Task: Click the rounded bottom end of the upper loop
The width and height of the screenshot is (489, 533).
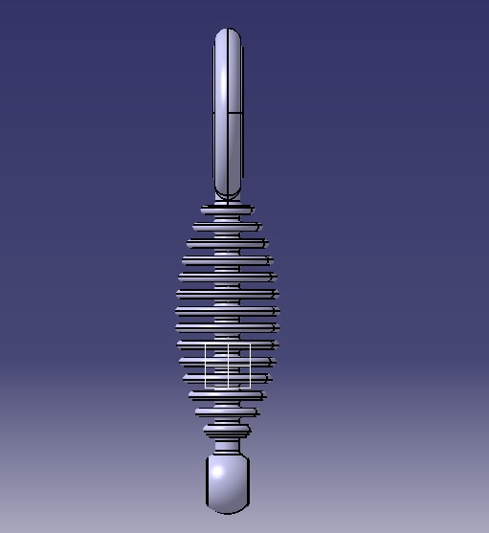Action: coord(228,193)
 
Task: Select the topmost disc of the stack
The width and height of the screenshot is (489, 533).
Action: coord(228,209)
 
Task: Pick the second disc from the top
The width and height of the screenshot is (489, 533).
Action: coord(228,226)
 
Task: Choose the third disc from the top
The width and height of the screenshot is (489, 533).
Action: coord(228,243)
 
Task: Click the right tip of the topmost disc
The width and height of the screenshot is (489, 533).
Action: coord(254,209)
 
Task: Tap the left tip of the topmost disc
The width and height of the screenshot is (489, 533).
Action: coord(202,209)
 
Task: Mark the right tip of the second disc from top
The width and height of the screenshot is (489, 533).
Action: coord(260,226)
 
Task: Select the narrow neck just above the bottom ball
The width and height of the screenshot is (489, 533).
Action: coord(228,447)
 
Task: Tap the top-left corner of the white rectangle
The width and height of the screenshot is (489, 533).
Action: coord(206,344)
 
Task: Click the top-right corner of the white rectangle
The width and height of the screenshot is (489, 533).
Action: coord(250,344)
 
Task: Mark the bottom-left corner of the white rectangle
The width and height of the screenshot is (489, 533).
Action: coord(206,388)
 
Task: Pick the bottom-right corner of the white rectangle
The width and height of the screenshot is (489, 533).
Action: coord(250,388)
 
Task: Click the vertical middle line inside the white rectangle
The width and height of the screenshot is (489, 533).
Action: coord(228,366)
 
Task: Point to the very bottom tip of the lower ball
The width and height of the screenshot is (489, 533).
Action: coord(228,510)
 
